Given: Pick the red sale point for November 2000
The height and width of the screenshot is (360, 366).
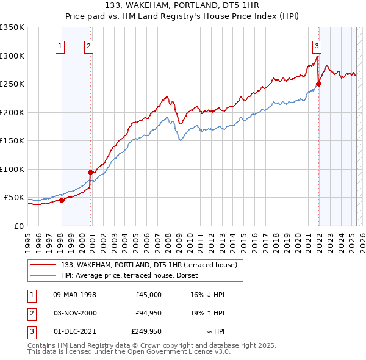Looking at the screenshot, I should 90,172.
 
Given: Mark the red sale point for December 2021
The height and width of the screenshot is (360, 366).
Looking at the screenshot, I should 318,84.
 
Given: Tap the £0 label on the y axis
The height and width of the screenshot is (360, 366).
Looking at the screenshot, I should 19,226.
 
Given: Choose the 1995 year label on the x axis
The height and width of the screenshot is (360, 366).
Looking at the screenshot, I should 27,240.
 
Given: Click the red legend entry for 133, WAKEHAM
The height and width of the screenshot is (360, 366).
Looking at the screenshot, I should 152,264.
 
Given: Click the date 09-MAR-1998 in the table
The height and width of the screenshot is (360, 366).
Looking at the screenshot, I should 75,295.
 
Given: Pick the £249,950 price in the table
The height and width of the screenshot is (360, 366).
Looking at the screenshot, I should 146,331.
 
